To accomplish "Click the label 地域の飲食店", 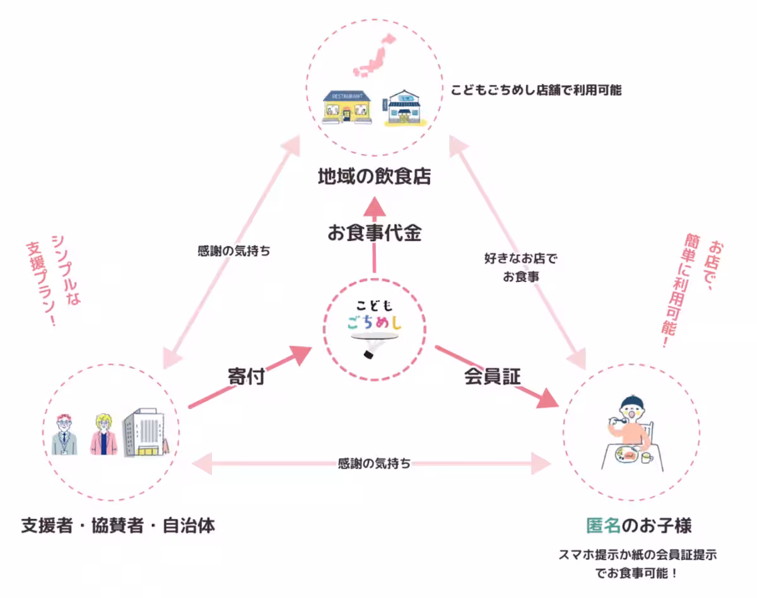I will (374, 177).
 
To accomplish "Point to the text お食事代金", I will (374, 233).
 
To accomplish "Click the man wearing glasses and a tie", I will (64, 435).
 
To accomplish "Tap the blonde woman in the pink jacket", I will (103, 435).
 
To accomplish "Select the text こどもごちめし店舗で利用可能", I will (536, 90).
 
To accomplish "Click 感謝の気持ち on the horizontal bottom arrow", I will (374, 464).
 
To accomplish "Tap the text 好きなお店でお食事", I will (520, 267).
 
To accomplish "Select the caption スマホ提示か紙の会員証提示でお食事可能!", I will (637, 565).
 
